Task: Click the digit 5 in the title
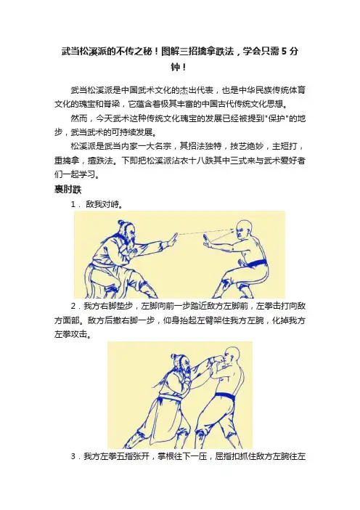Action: [284, 52]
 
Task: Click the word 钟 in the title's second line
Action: [176, 68]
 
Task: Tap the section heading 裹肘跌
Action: [68, 190]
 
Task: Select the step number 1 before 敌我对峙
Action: [73, 205]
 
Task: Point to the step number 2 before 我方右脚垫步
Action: [73, 306]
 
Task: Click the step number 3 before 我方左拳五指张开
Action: [73, 457]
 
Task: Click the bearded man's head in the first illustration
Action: [126, 232]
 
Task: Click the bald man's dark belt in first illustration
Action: [255, 262]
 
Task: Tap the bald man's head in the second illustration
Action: [232, 356]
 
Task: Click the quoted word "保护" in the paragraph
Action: [277, 118]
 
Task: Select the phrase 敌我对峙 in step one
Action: [104, 205]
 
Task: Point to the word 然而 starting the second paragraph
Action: [79, 118]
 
